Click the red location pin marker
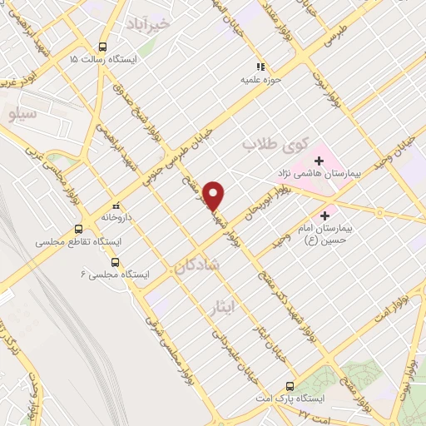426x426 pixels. (215, 196)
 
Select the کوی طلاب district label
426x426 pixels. (270, 144)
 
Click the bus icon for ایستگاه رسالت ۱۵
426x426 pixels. (103, 47)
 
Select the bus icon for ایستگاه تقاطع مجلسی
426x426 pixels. (79, 229)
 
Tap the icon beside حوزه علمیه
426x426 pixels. (260, 67)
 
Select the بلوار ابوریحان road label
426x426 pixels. (268, 203)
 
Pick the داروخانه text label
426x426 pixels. (117, 217)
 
